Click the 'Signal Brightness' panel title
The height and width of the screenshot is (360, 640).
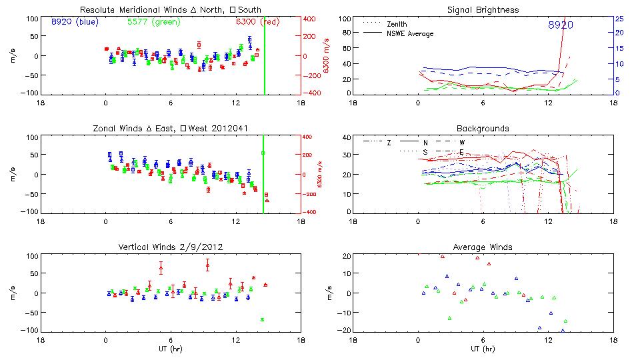click(x=483, y=9)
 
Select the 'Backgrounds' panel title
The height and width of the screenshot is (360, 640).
click(x=483, y=128)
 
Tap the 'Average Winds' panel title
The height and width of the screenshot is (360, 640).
click(x=483, y=247)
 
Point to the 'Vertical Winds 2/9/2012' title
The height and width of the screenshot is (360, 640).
click(x=170, y=247)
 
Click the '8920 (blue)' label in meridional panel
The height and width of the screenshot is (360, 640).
click(x=75, y=22)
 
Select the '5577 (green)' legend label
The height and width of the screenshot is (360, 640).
click(x=153, y=22)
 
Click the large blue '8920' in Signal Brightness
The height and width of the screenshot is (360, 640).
click(x=561, y=25)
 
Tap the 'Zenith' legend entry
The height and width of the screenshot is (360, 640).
click(x=397, y=23)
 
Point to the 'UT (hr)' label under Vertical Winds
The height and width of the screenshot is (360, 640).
click(x=171, y=349)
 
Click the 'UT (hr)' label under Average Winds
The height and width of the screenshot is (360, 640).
click(x=483, y=349)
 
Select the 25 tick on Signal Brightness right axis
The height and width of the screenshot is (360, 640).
click(x=619, y=18)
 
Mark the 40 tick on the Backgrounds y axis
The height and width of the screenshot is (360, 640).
click(x=346, y=138)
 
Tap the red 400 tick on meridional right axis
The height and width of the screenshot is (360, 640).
click(x=312, y=18)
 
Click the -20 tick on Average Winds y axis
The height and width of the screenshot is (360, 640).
click(x=345, y=331)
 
